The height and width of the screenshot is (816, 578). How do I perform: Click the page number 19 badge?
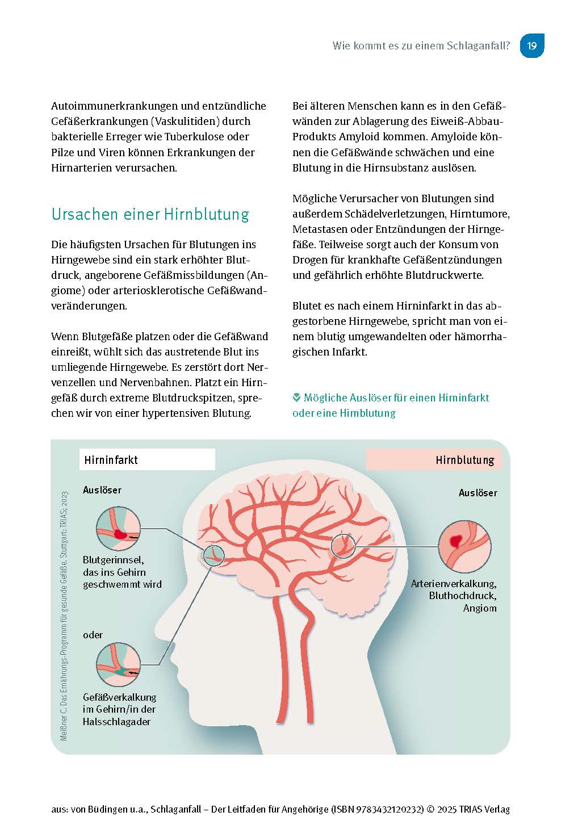[x=532, y=45]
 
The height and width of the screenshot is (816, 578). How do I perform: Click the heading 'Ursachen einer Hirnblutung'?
[x=150, y=214]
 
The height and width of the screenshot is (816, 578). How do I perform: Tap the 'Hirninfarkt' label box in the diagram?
[x=147, y=459]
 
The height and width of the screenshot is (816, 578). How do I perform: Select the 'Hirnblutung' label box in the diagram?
[x=434, y=460]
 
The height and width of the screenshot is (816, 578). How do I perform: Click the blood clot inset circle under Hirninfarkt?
[x=118, y=528]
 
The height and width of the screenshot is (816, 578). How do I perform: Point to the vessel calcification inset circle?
[x=118, y=665]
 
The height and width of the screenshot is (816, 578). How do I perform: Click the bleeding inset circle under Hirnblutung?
[x=464, y=546]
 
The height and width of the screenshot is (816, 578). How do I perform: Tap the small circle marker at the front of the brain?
[x=213, y=555]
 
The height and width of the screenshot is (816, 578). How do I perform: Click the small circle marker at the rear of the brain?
[x=343, y=546]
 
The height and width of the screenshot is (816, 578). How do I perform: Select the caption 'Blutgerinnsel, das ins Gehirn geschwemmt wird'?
[x=122, y=572]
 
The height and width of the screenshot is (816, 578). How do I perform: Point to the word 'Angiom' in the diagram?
[x=480, y=608]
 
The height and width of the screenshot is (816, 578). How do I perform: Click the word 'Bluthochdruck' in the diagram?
[x=463, y=596]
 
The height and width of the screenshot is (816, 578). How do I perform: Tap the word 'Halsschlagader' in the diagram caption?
[x=116, y=722]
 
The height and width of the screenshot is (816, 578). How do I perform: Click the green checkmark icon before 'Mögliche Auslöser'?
[x=296, y=397]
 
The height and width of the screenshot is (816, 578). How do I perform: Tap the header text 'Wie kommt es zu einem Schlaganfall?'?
[x=421, y=46]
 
